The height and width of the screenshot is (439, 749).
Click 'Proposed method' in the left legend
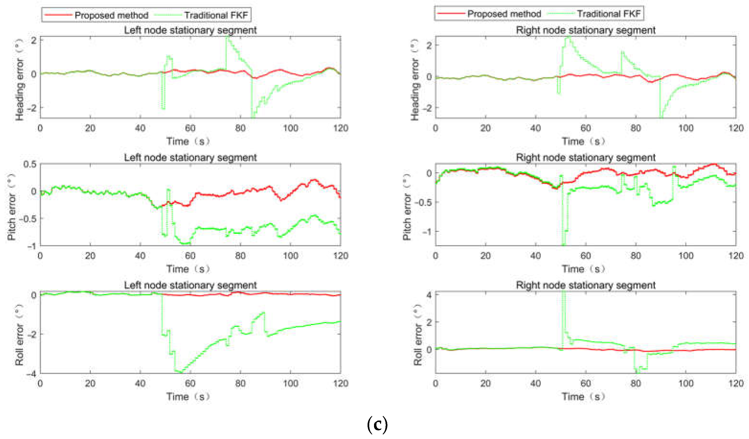(111, 15)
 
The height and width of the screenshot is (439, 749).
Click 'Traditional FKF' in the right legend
(608, 14)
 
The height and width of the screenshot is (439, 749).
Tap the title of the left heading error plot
(190, 30)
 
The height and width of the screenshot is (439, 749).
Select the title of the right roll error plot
(585, 285)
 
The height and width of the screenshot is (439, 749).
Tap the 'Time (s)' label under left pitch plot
(188, 269)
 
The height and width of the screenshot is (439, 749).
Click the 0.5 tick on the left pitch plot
(30, 164)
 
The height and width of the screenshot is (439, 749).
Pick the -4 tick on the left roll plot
(31, 374)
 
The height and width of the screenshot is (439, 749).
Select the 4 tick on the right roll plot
(429, 295)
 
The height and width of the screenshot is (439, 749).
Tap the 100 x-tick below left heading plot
(290, 128)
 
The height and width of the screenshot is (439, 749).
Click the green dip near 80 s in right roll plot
(637, 371)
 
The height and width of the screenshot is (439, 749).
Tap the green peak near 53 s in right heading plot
(568, 37)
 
